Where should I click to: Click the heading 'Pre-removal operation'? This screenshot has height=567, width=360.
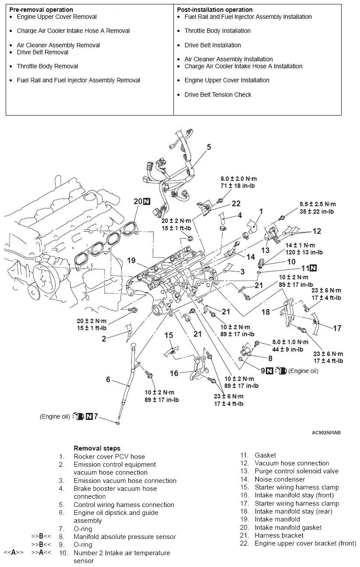(x=41, y=10)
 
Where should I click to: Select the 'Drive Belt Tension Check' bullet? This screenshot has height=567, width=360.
(x=218, y=95)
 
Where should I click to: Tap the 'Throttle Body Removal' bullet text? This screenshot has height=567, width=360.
(x=47, y=66)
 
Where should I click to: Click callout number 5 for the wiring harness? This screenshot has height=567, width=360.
(x=209, y=147)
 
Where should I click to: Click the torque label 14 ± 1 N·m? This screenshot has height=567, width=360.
(x=300, y=246)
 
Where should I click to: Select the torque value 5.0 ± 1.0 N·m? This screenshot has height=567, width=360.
(x=290, y=342)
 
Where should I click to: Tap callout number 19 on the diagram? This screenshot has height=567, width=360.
(x=132, y=261)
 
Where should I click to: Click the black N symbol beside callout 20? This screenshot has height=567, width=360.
(x=147, y=201)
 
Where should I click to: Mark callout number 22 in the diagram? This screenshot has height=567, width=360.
(x=236, y=204)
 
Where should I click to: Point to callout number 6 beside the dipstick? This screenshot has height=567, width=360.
(x=108, y=379)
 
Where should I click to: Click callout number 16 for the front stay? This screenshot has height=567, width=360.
(x=174, y=373)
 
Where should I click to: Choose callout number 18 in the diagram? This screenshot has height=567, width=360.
(x=266, y=312)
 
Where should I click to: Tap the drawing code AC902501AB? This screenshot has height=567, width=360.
(x=326, y=433)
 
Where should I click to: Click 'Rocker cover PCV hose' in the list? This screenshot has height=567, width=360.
(x=109, y=456)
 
